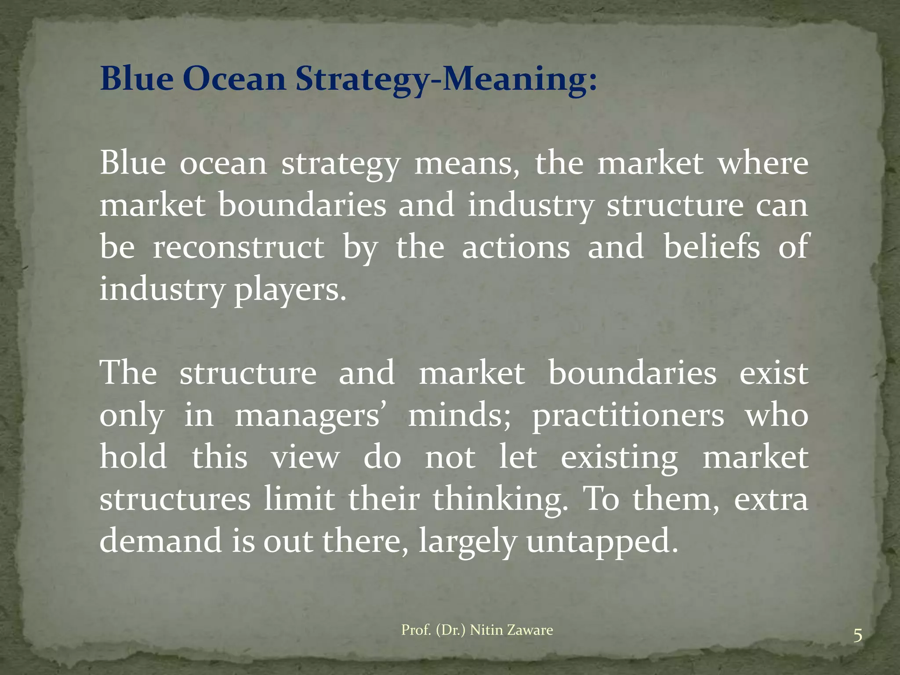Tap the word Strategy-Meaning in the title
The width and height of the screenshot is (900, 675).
coord(446,79)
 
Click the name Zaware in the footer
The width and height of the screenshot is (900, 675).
coord(529,630)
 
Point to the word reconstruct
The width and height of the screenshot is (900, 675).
coord(238,247)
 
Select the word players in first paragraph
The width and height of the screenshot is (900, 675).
coord(290,290)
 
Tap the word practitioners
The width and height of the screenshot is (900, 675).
coord(628,416)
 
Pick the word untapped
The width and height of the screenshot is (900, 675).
coord(602,541)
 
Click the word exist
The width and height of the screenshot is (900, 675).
coord(773,374)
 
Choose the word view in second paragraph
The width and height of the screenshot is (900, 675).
coord(305,458)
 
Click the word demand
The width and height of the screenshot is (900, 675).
coord(161,541)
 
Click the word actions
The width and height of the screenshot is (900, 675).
coord(516,247)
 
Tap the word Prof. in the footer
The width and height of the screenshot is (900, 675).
coord(416,630)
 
